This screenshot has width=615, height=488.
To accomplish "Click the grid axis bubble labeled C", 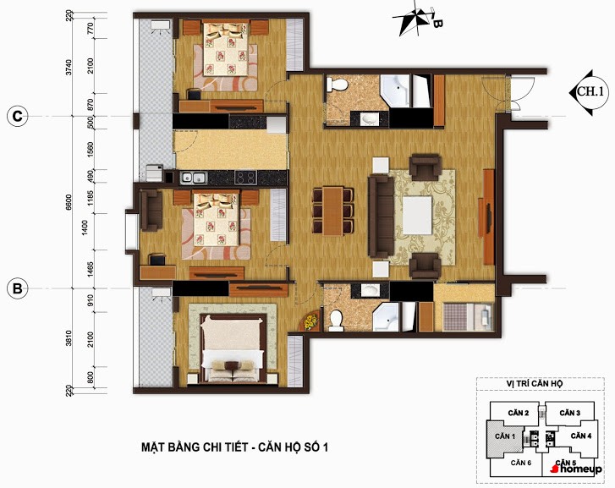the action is (x=18, y=117).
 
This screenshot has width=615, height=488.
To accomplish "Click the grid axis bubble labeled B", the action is (x=18, y=289).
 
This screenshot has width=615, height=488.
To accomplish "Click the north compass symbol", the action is (x=416, y=19).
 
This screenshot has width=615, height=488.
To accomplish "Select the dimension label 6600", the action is (x=69, y=202).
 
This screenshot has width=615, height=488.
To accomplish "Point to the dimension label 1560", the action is (x=91, y=150).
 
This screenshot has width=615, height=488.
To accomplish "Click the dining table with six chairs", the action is (x=333, y=211).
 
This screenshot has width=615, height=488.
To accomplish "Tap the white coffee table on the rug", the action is (x=417, y=216).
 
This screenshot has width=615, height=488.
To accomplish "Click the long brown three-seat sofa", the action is (x=381, y=217).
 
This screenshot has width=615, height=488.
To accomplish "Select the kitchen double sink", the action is (x=194, y=178).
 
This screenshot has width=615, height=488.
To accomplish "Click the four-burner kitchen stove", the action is (x=245, y=178).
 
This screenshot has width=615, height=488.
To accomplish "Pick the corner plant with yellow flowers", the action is (x=311, y=321).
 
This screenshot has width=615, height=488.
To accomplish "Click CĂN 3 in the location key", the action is (x=570, y=413).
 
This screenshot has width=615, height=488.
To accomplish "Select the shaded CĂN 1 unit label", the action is (x=505, y=436).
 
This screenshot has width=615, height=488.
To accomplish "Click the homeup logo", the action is (x=576, y=469).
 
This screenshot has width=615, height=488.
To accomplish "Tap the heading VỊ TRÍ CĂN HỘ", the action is (x=534, y=384).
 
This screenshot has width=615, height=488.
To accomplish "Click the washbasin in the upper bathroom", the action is (x=368, y=119).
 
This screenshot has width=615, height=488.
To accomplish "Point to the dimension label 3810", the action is (x=69, y=338).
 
